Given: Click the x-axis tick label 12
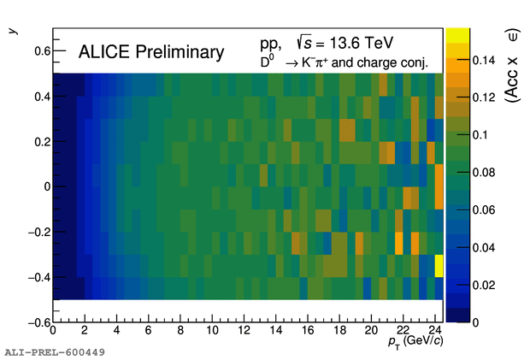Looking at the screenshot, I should tap(244, 331).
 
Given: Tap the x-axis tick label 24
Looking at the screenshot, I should tap(434, 331).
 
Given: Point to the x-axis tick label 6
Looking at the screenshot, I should tap(149, 331).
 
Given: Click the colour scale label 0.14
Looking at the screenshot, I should tap(462, 61).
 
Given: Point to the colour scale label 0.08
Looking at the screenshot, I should tap(462, 172).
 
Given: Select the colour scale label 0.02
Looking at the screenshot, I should tap(462, 284).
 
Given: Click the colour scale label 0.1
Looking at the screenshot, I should tap(458, 135).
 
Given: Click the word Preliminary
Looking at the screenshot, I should tap(184, 53).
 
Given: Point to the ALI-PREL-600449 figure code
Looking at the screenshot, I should tap(55, 351).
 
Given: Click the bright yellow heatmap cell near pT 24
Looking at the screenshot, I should tap(439, 266).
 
